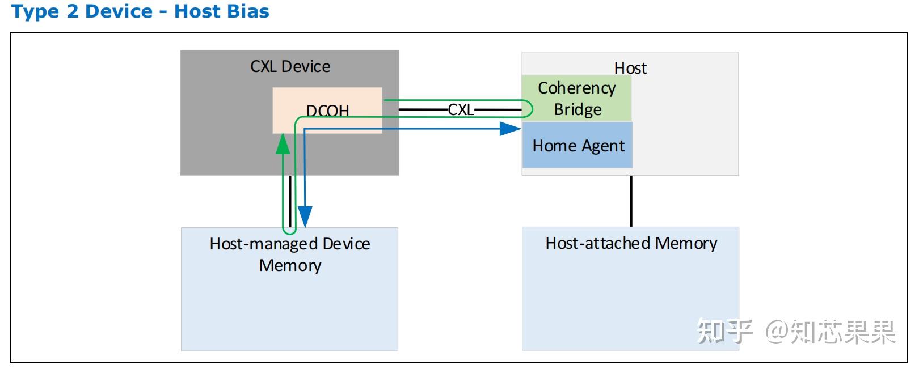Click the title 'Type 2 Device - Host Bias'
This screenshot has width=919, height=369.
click(140, 11)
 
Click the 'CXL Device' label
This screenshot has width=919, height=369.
click(290, 66)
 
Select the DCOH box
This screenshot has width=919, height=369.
click(327, 110)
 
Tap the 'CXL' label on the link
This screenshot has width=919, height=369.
click(460, 109)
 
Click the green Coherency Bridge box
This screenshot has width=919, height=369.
click(576, 98)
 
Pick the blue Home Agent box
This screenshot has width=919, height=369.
click(577, 146)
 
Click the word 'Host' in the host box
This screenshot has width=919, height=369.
click(630, 68)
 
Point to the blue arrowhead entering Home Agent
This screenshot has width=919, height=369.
click(511, 129)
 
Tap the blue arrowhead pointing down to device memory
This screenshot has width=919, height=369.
click(305, 217)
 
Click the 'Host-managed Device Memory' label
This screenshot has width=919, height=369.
click(290, 255)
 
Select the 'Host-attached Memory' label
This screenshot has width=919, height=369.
click(631, 243)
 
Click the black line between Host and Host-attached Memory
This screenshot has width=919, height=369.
click(631, 201)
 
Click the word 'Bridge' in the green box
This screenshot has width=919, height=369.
click(577, 109)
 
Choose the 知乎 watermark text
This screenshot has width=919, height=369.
click(724, 331)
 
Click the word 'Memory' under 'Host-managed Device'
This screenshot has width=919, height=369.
click(290, 265)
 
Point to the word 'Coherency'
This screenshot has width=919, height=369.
click(576, 88)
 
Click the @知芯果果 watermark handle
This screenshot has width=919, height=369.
click(831, 332)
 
